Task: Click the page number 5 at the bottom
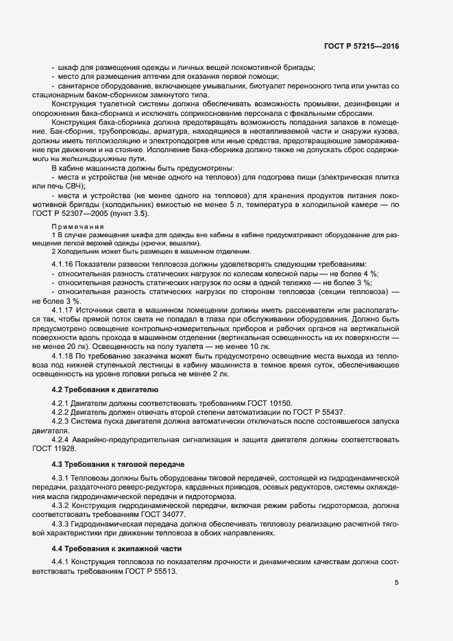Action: point(397,583)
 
